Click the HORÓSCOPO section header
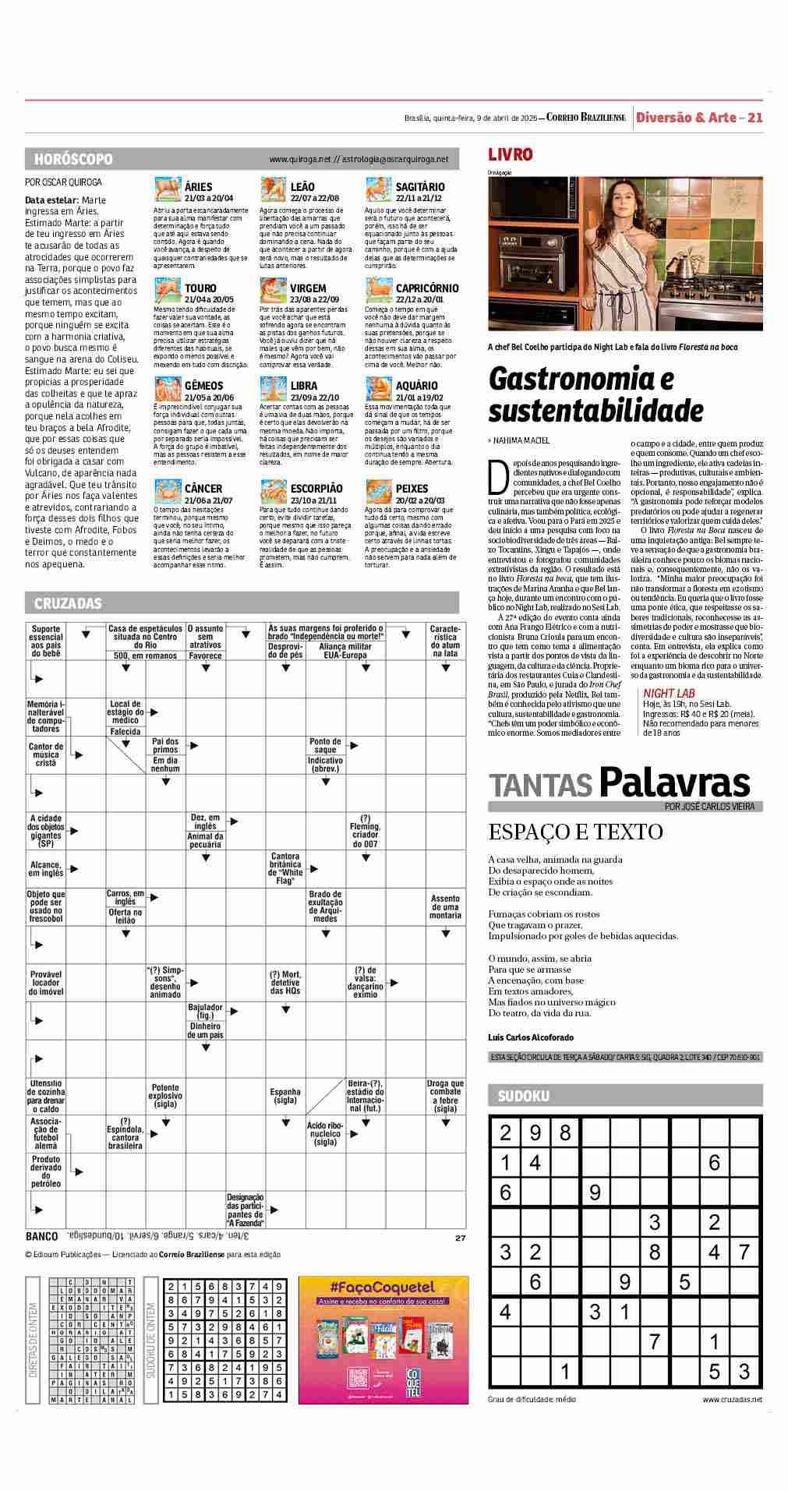pyautogui.click(x=73, y=159)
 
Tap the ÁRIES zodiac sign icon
pyautogui.click(x=168, y=190)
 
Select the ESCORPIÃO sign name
pyautogui.click(x=316, y=489)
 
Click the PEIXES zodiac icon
pyautogui.click(x=379, y=492)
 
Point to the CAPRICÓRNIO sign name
pyautogui.click(x=426, y=288)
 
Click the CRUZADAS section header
pyautogui.click(x=68, y=603)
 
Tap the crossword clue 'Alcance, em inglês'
pyautogui.click(x=46, y=869)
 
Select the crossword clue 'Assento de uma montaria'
pyautogui.click(x=445, y=906)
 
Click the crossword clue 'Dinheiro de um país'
pyautogui.click(x=205, y=1030)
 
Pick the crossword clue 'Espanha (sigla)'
pyautogui.click(x=285, y=1096)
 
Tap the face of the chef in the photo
pyautogui.click(x=616, y=202)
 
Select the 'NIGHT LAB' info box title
pyautogui.click(x=669, y=693)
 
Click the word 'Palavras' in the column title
pyautogui.click(x=674, y=783)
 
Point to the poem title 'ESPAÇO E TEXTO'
pyautogui.click(x=575, y=832)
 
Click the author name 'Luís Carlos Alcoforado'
pyautogui.click(x=530, y=1037)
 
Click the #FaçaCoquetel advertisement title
pyautogui.click(x=382, y=1288)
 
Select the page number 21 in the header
pyautogui.click(x=754, y=118)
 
